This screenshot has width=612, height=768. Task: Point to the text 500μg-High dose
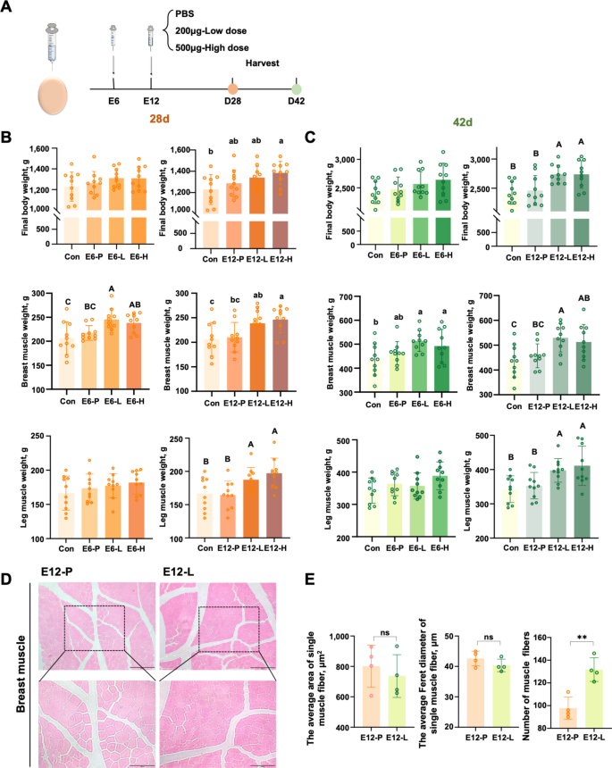tap(212, 46)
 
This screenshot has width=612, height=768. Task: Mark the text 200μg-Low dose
tap(209, 29)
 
